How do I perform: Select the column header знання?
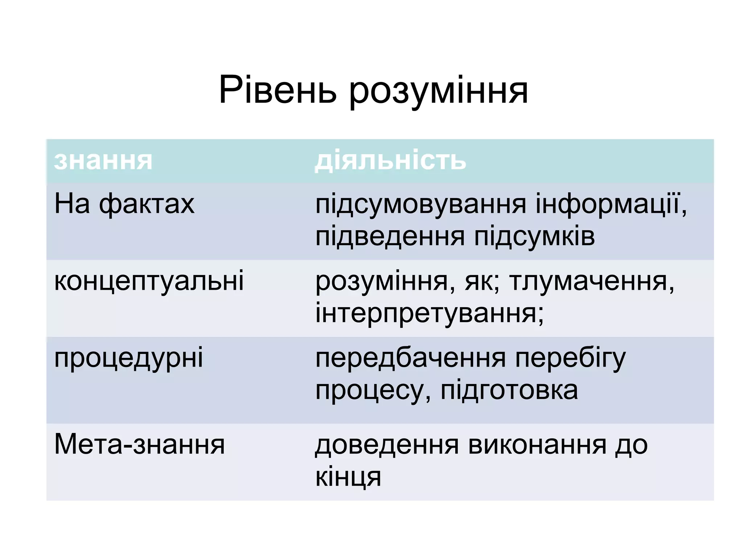(x=103, y=161)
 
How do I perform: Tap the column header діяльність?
(x=390, y=161)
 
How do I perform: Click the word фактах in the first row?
(x=147, y=204)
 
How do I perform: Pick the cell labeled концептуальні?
(x=149, y=281)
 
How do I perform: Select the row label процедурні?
(x=128, y=358)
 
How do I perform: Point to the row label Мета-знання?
(x=139, y=445)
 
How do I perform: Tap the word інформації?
(x=611, y=204)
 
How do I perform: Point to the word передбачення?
(x=410, y=358)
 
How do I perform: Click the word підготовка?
(x=509, y=391)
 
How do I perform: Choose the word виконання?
(x=537, y=445)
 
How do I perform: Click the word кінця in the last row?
(x=348, y=477)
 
